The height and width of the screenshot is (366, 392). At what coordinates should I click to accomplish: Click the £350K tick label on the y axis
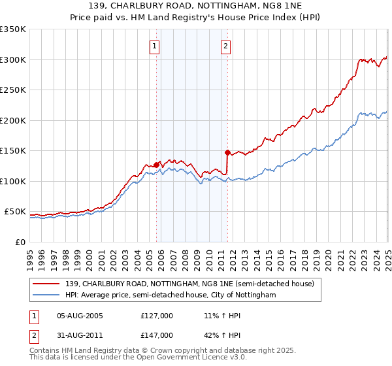tap(13, 29)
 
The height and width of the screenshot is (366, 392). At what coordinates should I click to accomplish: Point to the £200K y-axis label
tap(13, 120)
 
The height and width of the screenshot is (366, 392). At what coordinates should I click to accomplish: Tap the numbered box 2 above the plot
tap(225, 46)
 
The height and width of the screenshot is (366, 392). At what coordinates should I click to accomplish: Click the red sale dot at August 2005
tap(157, 165)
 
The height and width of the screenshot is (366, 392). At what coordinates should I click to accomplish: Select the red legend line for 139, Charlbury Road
tap(47, 284)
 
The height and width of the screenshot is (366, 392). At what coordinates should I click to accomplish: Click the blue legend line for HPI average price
tap(47, 295)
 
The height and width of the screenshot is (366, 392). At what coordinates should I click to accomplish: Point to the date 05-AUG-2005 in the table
tap(80, 315)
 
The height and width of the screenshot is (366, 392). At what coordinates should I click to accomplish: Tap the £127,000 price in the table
tap(157, 315)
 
